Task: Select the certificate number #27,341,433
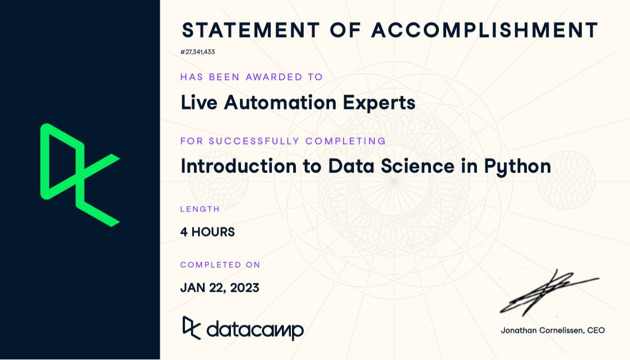click(x=197, y=52)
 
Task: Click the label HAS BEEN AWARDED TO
click(x=252, y=77)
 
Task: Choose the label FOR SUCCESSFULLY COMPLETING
click(x=283, y=141)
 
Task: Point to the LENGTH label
click(x=200, y=209)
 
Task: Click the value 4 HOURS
click(x=207, y=232)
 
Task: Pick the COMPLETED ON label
click(x=220, y=265)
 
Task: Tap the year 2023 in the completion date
click(x=244, y=288)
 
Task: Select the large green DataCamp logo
click(x=80, y=174)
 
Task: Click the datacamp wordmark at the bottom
click(x=255, y=329)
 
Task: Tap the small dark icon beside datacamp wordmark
click(x=192, y=328)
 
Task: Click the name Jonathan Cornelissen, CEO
click(x=553, y=330)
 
